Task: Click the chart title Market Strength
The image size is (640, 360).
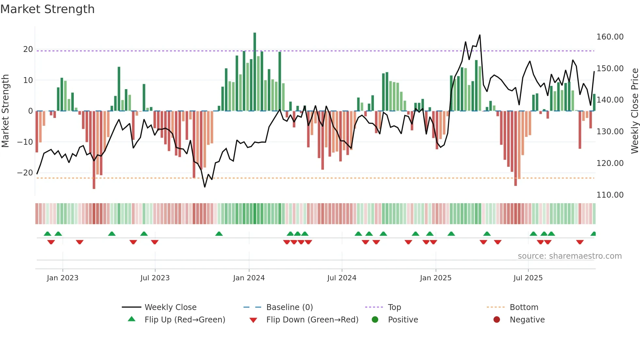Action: (x=47, y=9)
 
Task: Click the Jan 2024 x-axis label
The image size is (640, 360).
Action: (x=249, y=278)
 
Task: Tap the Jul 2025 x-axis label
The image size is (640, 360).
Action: (x=528, y=278)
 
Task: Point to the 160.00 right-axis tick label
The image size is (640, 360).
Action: (x=610, y=37)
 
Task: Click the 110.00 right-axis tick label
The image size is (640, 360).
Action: (x=610, y=195)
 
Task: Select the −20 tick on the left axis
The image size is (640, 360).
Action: (x=25, y=172)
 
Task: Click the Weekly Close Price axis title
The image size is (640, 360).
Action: (x=634, y=111)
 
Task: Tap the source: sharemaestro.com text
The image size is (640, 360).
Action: (x=569, y=256)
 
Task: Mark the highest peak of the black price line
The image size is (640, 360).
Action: (x=480, y=35)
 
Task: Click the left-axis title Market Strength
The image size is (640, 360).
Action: (x=6, y=111)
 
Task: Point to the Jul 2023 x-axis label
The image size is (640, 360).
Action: (x=155, y=278)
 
